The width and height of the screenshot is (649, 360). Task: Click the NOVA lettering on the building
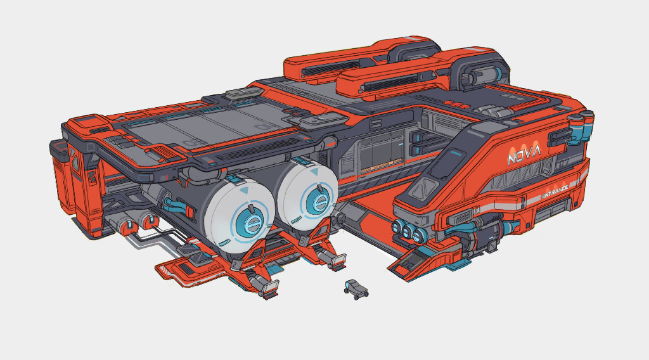pos(524,155)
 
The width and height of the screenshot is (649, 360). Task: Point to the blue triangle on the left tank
pos(245,191)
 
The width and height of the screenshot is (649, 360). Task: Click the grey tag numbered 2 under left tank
pos(236,263)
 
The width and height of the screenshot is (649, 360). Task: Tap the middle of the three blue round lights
pos(408,231)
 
